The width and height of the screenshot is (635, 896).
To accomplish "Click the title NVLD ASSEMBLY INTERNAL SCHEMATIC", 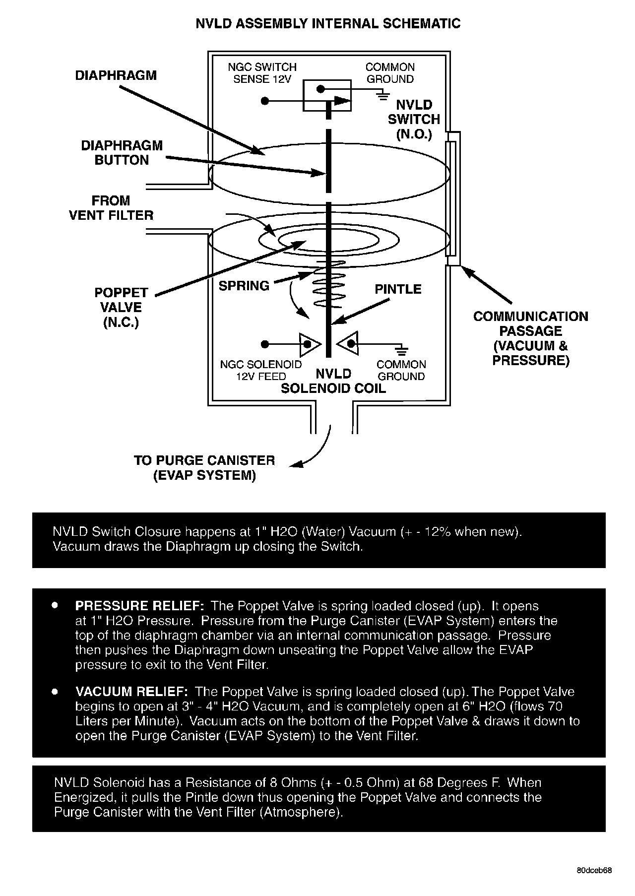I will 328,23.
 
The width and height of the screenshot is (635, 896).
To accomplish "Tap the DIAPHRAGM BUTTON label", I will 122,153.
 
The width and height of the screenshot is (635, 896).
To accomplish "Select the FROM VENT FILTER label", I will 111,208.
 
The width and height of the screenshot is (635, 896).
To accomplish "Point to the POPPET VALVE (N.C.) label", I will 121,308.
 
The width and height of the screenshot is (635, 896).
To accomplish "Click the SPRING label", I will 244,286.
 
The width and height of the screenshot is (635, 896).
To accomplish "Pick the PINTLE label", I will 398,289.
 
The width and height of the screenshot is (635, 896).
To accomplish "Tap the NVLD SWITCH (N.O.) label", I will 414,119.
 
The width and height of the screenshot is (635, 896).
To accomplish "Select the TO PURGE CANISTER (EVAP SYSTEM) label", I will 204,468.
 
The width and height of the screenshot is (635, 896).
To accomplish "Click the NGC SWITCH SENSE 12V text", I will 262,73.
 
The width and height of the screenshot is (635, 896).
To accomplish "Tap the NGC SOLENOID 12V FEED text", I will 261,370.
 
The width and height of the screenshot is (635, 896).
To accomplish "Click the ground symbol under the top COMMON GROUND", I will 382,95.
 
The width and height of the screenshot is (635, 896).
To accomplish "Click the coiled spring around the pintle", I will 328,285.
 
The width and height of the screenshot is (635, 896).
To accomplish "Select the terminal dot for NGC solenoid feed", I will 265,344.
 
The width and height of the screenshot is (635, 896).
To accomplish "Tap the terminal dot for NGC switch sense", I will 265,101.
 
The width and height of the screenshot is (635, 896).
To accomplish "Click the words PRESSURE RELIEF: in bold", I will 139,606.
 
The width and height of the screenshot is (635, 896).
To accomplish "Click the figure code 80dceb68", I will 594,871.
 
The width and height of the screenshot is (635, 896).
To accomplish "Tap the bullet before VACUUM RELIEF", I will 55,691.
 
